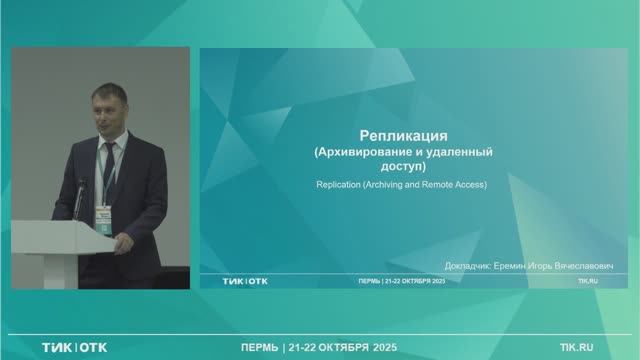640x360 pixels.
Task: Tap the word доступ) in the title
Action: (x=404, y=167)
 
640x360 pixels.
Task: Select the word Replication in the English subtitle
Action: (x=339, y=186)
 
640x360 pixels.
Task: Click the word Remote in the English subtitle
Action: (x=437, y=186)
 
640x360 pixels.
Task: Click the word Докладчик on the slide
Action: (x=469, y=266)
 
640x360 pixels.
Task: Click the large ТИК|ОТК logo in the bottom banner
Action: (x=74, y=347)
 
